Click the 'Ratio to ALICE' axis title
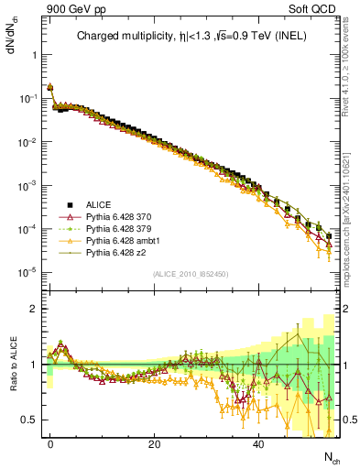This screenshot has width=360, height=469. point(12,372)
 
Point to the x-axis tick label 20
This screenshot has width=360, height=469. point(155,442)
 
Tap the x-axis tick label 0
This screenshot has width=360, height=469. point(50,442)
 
